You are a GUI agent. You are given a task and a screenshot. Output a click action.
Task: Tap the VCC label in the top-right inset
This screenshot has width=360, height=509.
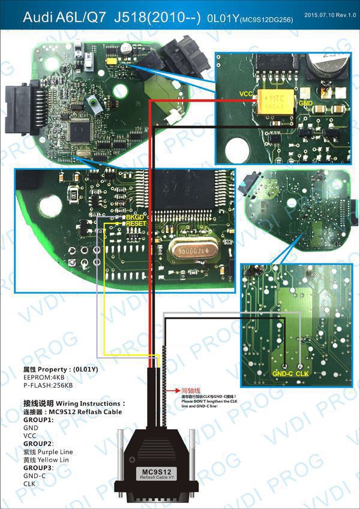click(x=246, y=94)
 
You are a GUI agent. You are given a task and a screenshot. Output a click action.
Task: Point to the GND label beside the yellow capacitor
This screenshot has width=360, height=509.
click(x=306, y=103)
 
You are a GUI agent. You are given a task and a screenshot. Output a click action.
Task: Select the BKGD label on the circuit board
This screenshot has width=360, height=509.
click(x=135, y=216)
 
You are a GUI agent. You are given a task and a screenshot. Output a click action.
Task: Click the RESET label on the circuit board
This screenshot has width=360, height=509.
click(x=137, y=223)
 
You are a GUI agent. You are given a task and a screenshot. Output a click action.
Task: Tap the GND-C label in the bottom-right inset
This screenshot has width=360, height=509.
click(x=282, y=373)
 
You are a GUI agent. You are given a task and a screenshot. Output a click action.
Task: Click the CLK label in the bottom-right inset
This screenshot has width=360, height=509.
click(x=302, y=373)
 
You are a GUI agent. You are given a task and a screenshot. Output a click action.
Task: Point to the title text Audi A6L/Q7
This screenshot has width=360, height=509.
click(x=61, y=19)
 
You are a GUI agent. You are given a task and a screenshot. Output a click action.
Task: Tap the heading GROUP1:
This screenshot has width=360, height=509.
click(x=38, y=420)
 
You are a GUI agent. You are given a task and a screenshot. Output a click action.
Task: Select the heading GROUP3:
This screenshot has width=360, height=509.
click(x=38, y=467)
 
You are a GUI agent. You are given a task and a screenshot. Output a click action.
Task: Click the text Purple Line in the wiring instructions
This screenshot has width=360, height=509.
click(x=58, y=451)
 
